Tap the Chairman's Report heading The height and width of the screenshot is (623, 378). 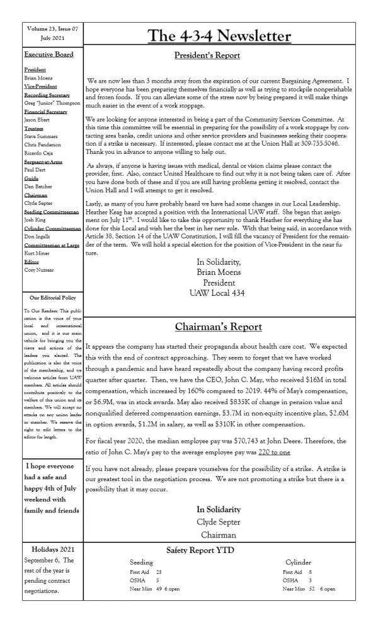[x=219, y=327]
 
